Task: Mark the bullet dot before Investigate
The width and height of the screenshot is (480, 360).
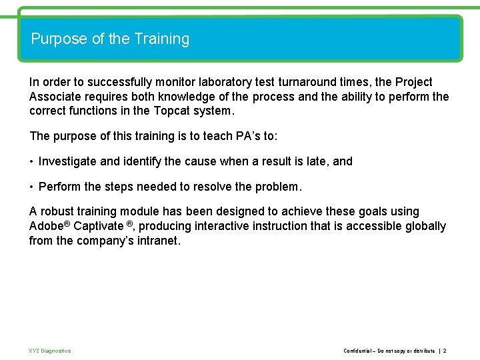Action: [x=31, y=161]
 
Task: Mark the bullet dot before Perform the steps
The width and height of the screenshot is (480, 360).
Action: [x=31, y=186]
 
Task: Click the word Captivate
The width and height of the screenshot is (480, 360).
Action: [x=100, y=226]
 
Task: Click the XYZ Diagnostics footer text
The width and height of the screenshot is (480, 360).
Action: [x=50, y=351]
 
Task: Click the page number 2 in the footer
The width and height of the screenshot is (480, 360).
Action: [x=445, y=351]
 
